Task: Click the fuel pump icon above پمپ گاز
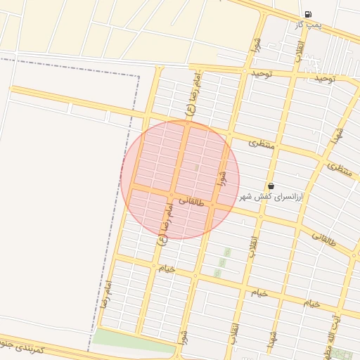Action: click(309, 14)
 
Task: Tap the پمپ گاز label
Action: click(308, 25)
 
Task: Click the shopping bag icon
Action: click(271, 186)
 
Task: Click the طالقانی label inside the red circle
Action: click(191, 202)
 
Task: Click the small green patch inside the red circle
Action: click(197, 167)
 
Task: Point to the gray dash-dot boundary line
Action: click(135, 141)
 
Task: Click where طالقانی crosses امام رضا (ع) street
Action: click(172, 195)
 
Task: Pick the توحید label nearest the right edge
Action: click(326, 78)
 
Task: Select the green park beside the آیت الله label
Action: click(343, 354)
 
